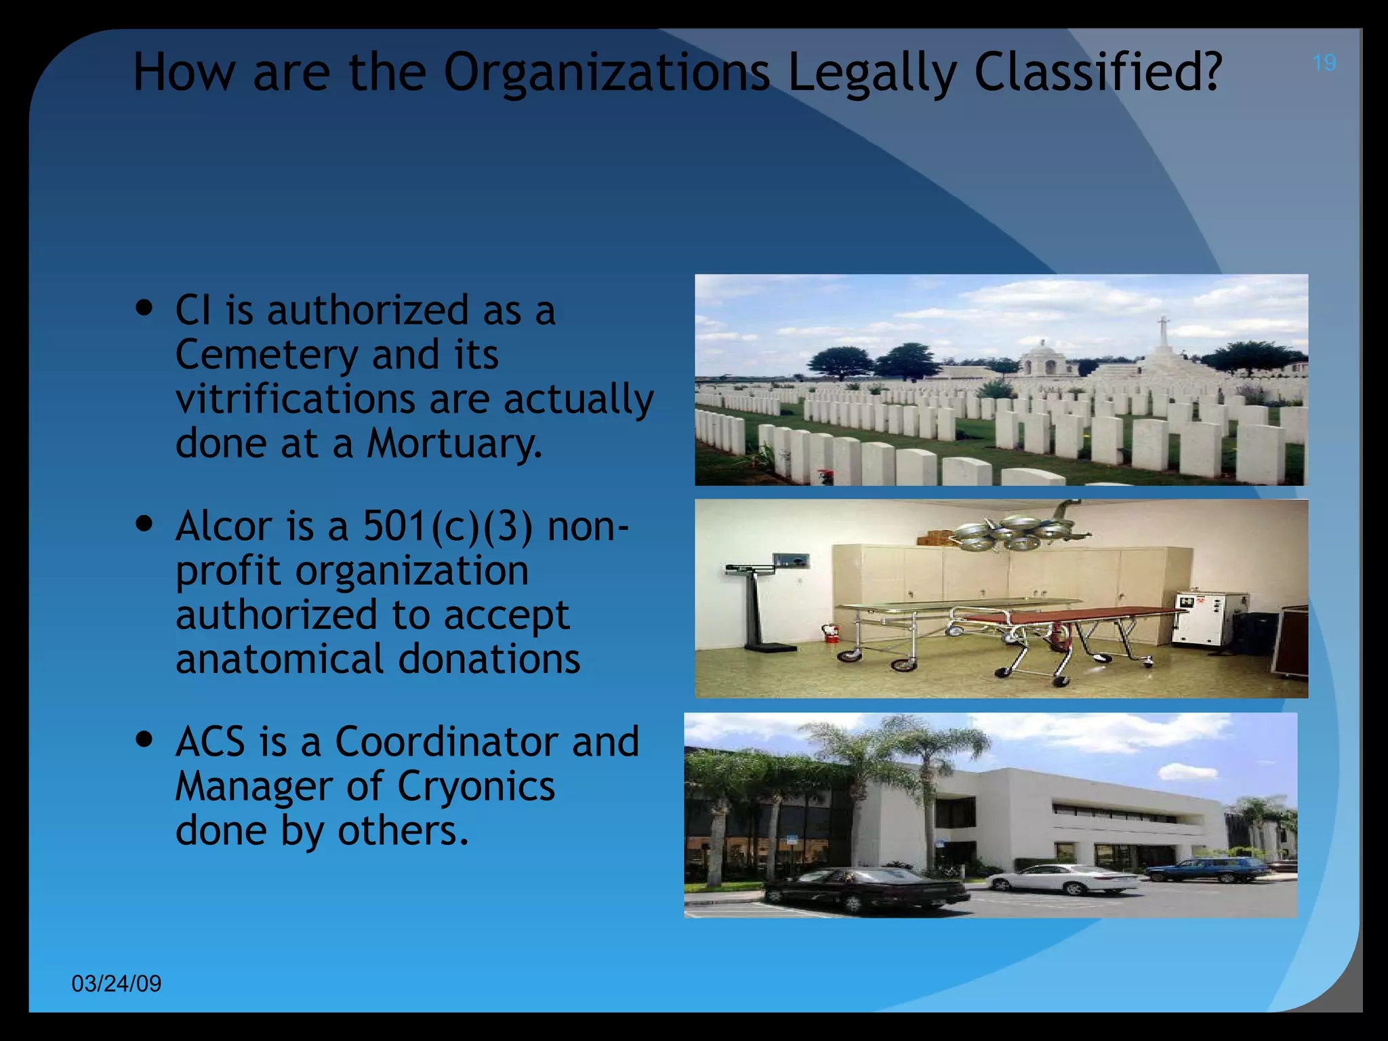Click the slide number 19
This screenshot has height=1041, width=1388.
pos(1324,63)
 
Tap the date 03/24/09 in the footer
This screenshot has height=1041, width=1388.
pos(117,983)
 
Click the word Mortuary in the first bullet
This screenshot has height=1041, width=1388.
pos(454,444)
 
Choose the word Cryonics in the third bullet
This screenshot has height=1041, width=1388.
pos(476,786)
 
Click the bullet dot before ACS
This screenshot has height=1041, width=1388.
pos(144,738)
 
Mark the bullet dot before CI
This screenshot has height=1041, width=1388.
pos(144,308)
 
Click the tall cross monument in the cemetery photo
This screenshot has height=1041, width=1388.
pos(1163,339)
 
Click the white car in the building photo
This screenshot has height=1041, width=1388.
pos(1064,879)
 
